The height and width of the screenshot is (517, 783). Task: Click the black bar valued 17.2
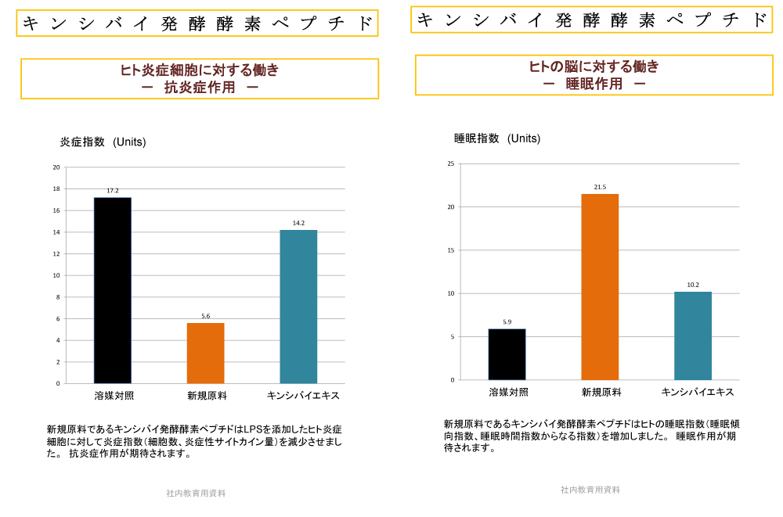tap(113, 290)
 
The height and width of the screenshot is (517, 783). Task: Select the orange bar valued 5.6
tap(205, 353)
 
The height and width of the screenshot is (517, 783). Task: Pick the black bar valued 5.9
tap(507, 354)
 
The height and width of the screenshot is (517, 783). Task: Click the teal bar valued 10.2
tap(693, 336)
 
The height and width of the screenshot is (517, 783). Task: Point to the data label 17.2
tap(113, 191)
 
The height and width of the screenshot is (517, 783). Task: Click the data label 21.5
tap(600, 187)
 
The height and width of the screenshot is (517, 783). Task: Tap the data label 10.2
tap(693, 285)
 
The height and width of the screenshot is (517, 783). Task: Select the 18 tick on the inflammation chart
tap(56, 189)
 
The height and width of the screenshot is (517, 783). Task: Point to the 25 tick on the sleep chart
tap(450, 163)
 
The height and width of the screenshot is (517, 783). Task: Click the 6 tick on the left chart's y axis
tap(57, 319)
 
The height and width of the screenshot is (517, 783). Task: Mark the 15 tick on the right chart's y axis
tap(450, 250)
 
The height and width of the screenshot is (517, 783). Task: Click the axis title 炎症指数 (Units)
tap(103, 142)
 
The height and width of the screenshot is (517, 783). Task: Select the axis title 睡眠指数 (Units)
tap(497, 138)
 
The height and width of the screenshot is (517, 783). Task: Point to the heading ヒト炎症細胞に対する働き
tap(199, 70)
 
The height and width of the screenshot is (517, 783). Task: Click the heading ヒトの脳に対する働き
tap(594, 66)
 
